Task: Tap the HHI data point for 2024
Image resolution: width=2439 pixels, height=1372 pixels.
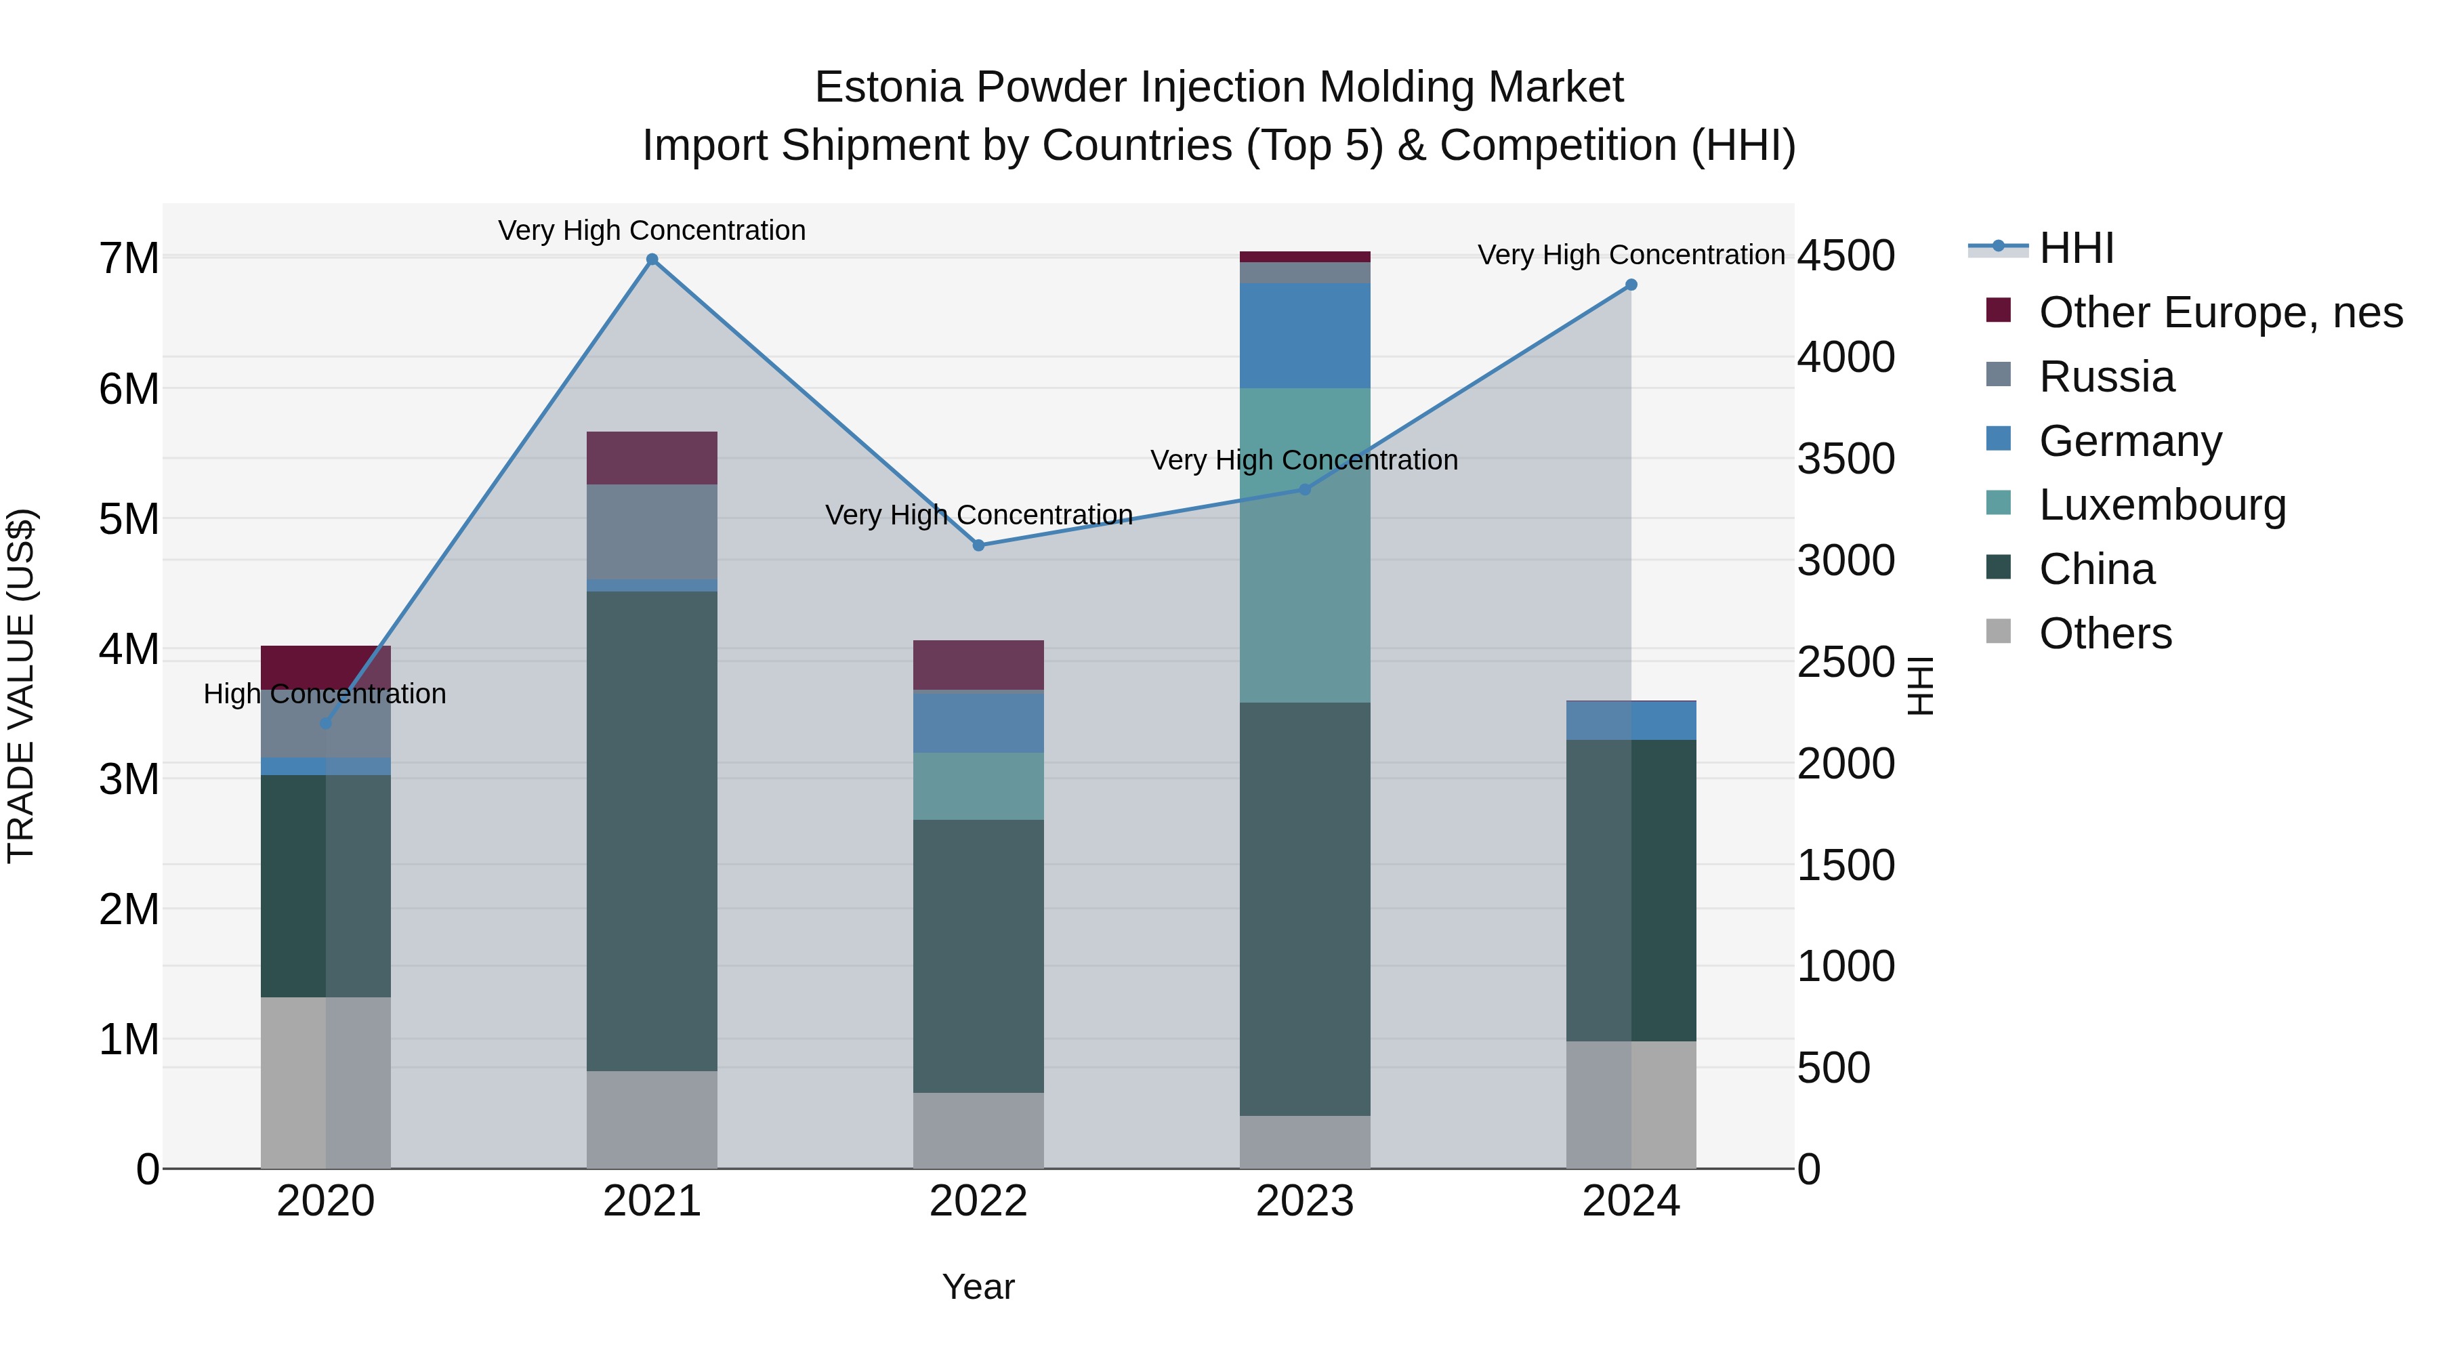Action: (x=1631, y=285)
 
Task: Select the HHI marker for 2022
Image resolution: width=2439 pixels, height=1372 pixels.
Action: (x=978, y=545)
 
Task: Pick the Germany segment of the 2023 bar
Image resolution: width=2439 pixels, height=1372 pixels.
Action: (x=1305, y=335)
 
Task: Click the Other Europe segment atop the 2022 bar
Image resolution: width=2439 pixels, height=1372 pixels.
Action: (x=978, y=665)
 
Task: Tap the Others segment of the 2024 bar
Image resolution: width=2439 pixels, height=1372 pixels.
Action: (x=1631, y=1104)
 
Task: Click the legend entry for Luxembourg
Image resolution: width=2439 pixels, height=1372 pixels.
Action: (x=2162, y=505)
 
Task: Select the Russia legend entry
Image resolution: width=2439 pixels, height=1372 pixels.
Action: (x=2106, y=377)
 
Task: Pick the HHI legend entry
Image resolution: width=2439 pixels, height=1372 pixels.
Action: (x=2075, y=248)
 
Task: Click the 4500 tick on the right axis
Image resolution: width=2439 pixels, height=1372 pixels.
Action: (x=1846, y=257)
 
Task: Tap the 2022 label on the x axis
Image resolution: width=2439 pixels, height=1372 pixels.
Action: (x=978, y=1201)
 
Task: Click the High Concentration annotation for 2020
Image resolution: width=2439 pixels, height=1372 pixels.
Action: (x=325, y=694)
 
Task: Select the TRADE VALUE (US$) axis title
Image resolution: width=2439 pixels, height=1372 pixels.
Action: (x=21, y=686)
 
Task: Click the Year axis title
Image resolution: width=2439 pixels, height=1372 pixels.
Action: (x=978, y=1287)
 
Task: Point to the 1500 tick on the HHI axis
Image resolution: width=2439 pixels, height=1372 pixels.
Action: (x=1846, y=865)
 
